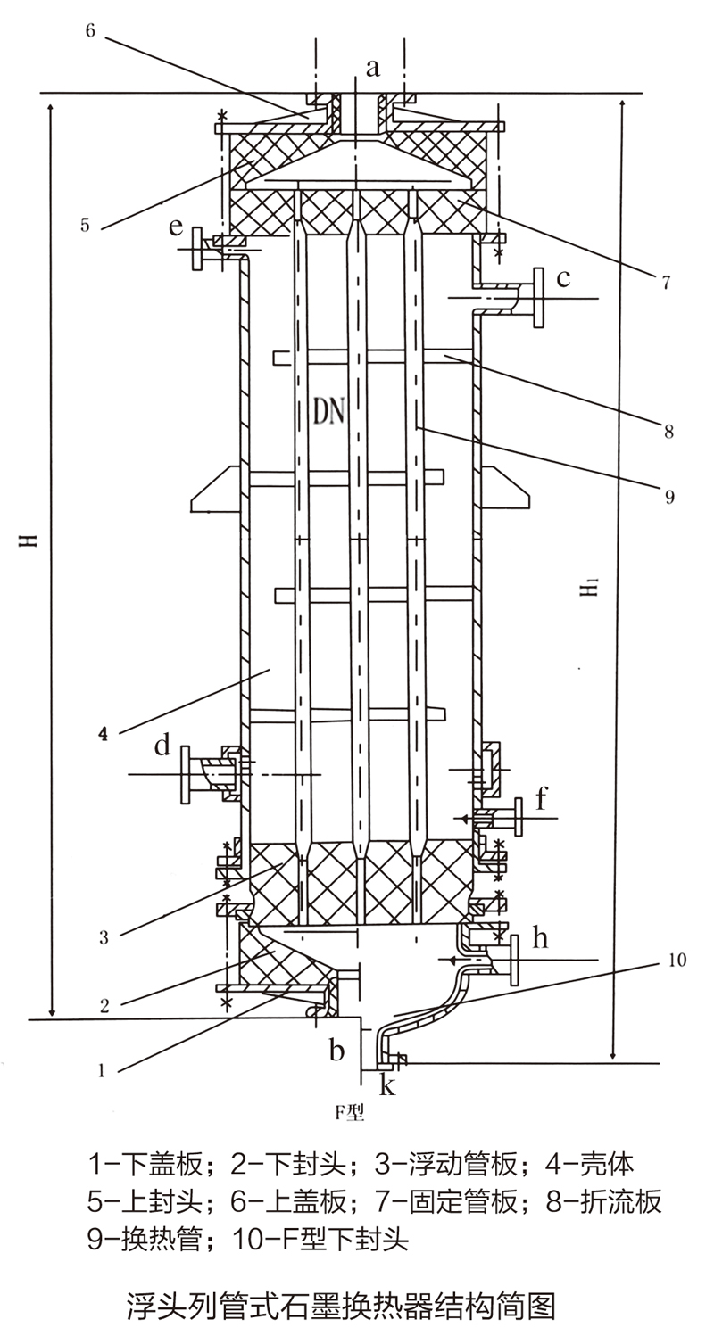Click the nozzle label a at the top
click(x=374, y=66)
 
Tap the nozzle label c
click(x=563, y=278)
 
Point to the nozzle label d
click(x=162, y=746)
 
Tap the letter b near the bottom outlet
click(x=336, y=1051)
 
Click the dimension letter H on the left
click(x=30, y=540)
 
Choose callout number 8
click(x=668, y=433)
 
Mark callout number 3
click(x=104, y=937)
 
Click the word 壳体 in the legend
click(x=604, y=1164)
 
